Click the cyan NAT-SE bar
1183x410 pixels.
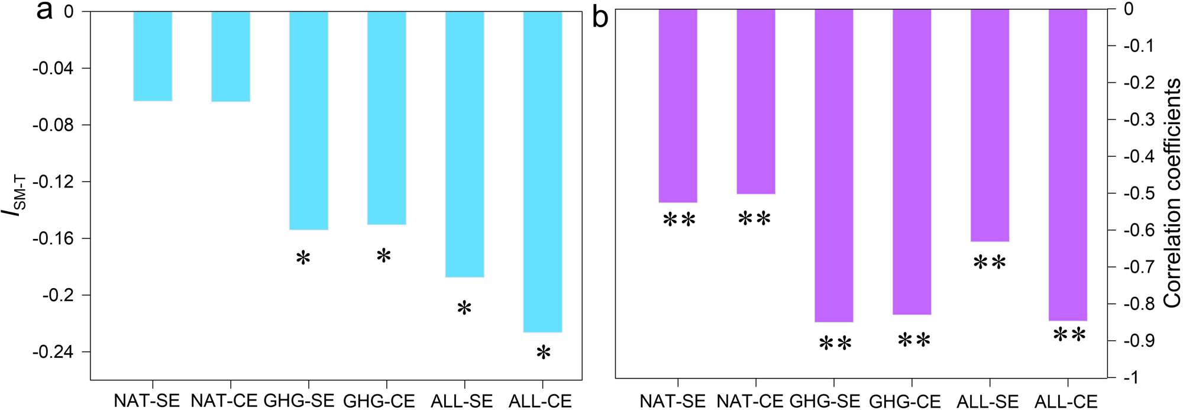tap(153, 56)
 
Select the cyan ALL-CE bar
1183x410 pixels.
tap(543, 172)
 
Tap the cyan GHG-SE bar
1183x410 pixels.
tap(308, 120)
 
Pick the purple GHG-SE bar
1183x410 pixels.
tap(834, 166)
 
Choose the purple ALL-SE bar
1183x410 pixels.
tap(990, 125)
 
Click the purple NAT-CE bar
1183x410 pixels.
tap(755, 102)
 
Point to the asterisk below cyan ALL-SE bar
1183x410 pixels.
tap(464, 308)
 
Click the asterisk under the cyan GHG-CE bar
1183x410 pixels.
tap(384, 256)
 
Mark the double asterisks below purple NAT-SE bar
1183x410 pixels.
tap(679, 220)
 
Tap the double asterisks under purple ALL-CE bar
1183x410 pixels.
tap(1069, 335)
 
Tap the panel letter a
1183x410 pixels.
tap(44, 11)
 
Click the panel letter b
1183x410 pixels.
tap(600, 18)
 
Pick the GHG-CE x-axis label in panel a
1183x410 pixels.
tap(379, 401)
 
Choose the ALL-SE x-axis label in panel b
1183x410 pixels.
tap(988, 402)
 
